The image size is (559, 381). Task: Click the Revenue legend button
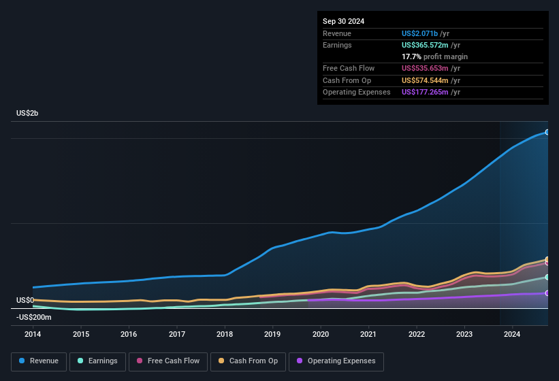coord(39,361)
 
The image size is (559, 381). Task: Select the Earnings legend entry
coord(98,361)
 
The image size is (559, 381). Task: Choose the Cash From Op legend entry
coord(247,361)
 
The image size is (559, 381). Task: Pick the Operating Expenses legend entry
coord(336,361)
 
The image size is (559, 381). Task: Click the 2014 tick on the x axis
coord(33,334)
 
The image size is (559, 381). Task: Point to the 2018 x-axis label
coord(225,334)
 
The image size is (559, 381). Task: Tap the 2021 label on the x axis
coord(368,334)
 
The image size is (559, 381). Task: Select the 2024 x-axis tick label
coord(512,334)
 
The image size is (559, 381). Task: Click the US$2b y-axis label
coord(27,113)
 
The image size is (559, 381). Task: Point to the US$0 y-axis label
coord(25,300)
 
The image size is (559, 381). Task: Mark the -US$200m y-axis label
coord(34,317)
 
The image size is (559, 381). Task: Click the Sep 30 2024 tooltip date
coord(344,21)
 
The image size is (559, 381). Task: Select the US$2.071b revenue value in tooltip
coord(420,33)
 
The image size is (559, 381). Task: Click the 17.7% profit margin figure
coord(411,56)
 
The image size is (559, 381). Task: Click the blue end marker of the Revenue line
coord(547,132)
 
